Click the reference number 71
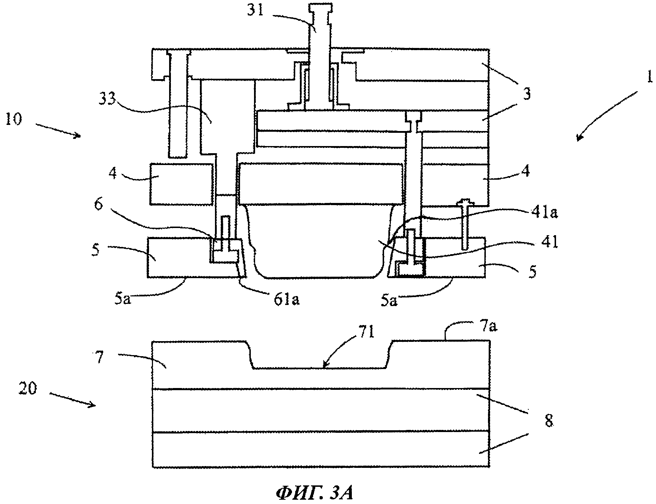click(365, 333)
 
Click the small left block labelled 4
click(181, 184)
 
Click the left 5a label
click(123, 300)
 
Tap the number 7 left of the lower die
click(100, 358)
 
